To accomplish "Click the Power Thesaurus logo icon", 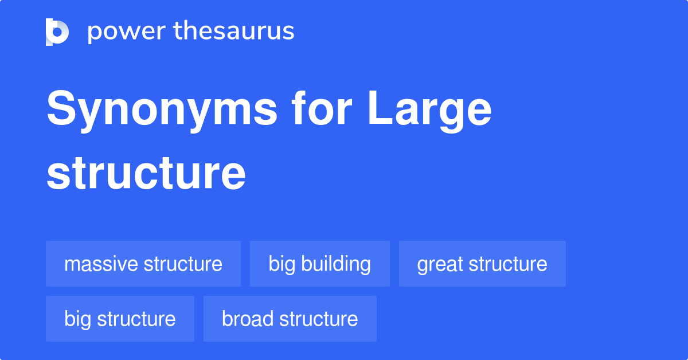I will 57,32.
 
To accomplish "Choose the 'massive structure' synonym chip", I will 143,264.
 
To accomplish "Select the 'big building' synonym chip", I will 320,264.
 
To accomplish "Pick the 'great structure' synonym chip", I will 482,264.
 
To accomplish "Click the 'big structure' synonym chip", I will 120,319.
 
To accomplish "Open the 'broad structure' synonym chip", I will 290,319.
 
